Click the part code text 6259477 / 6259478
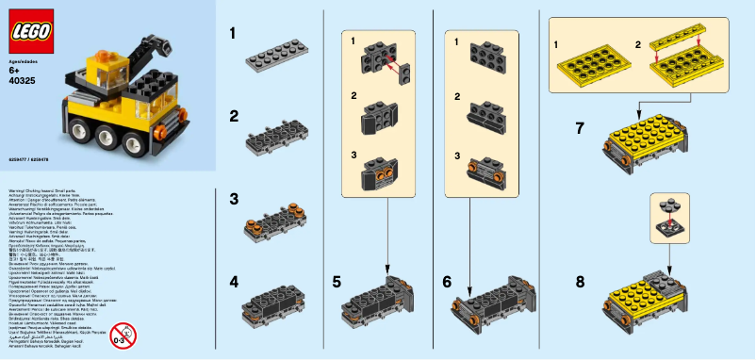(x=29, y=160)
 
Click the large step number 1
(x=232, y=36)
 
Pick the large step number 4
(x=232, y=282)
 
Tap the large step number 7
(x=581, y=128)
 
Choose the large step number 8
(x=581, y=282)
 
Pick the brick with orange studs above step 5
(x=382, y=178)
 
